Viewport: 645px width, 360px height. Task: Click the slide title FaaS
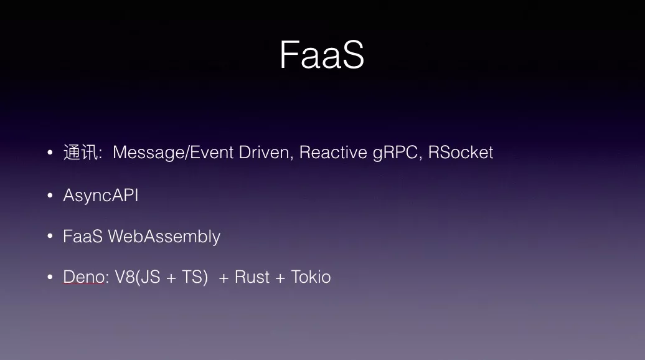322,55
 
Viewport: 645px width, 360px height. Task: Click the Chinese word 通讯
81,152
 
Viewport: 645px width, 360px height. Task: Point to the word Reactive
333,152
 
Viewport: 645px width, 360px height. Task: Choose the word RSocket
460,152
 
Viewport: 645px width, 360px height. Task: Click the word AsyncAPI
101,196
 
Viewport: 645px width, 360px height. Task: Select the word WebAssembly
164,237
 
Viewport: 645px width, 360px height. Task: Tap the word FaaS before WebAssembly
83,236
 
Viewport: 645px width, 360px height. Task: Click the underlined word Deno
83,277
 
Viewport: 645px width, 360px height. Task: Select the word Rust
252,277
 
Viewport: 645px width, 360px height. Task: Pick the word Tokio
311,277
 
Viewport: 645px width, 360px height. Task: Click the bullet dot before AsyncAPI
50,195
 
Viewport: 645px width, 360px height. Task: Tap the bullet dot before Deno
50,277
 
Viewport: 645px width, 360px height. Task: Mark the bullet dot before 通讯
50,153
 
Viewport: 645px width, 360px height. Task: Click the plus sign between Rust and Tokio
280,278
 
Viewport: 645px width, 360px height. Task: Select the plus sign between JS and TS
171,278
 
